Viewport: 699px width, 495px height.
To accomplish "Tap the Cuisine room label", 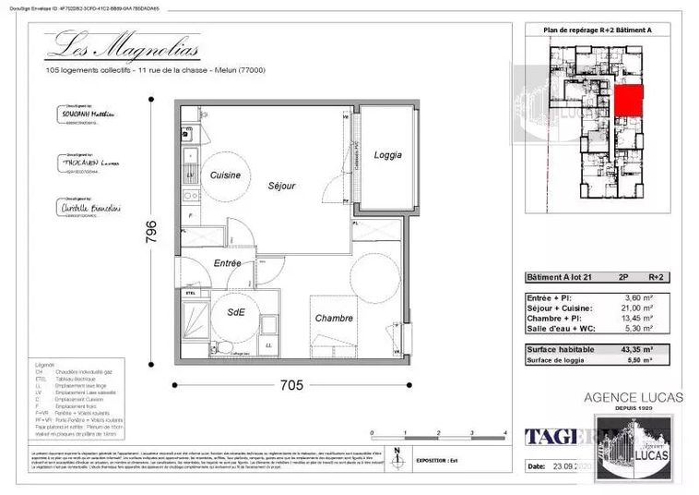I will [x=225, y=175].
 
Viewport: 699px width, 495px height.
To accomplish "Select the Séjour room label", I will [x=281, y=186].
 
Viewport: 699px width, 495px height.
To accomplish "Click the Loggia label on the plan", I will [x=387, y=155].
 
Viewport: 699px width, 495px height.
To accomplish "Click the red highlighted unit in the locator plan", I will [x=627, y=100].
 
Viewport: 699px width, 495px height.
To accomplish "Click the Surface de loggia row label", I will [x=559, y=361].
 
